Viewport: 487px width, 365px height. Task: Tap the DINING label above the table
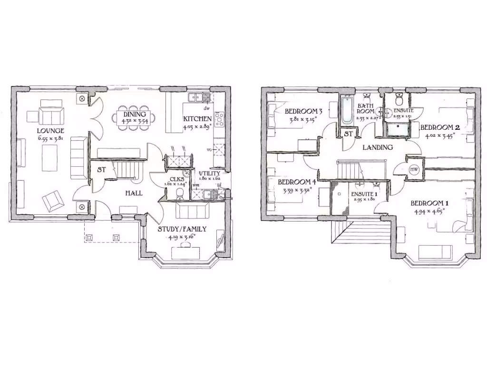[x=134, y=114]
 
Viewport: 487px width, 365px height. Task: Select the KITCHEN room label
[x=197, y=119]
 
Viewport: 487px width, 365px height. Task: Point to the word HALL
[x=134, y=193]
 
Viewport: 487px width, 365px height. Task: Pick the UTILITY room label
[x=210, y=173]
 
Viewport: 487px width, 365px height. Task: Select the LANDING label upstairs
[x=378, y=147]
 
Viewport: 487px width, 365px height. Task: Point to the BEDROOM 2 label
[x=439, y=127]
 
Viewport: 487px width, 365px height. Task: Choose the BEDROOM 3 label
[x=303, y=112]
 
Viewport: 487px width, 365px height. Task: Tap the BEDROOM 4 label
[x=296, y=182]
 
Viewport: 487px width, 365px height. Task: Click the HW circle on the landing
[x=414, y=169]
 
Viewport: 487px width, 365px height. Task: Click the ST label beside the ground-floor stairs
[x=101, y=170]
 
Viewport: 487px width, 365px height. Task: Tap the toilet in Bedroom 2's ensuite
[x=399, y=100]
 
